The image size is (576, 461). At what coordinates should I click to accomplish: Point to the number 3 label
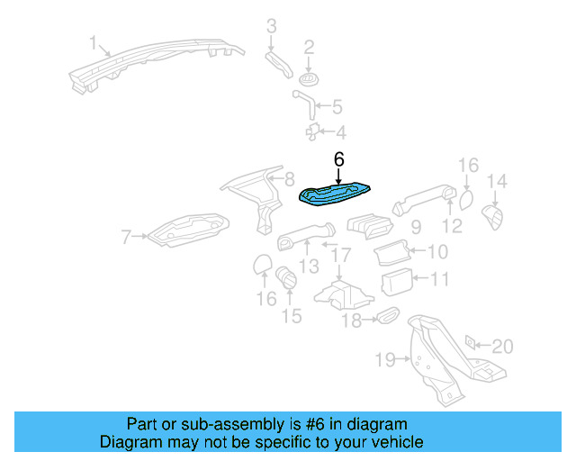point(271,26)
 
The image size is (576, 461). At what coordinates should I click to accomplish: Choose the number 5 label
point(337,107)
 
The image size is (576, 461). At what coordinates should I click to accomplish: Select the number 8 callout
point(288,178)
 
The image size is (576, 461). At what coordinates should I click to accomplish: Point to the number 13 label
point(309,267)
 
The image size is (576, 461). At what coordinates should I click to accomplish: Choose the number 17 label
point(339,256)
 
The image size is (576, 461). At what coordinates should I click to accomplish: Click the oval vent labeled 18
point(387,315)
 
